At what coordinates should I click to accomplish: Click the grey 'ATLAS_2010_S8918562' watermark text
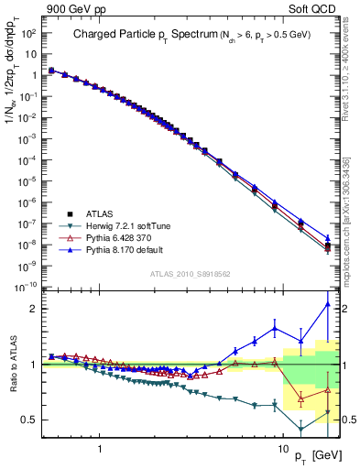click(x=191, y=274)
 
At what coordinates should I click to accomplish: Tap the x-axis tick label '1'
click(x=98, y=439)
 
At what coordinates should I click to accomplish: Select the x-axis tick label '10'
click(x=283, y=439)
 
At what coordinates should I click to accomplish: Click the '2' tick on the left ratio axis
click(x=37, y=309)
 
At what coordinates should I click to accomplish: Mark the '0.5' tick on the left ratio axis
click(x=32, y=420)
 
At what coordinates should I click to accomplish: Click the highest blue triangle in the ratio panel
click(x=327, y=305)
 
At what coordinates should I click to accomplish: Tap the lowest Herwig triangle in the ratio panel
click(x=301, y=430)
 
